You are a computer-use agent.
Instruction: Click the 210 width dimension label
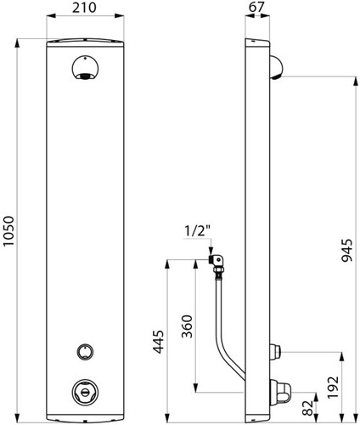(x=84, y=8)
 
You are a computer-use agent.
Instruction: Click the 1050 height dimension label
(x=8, y=232)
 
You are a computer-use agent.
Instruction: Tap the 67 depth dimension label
(x=256, y=7)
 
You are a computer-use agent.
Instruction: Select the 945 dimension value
(x=346, y=251)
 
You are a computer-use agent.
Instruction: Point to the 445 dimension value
(x=159, y=342)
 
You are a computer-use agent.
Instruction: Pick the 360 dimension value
(x=187, y=326)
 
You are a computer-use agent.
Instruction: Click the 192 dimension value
(x=333, y=388)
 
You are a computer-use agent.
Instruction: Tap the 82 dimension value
(x=308, y=408)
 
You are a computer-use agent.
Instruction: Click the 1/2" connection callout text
(x=198, y=231)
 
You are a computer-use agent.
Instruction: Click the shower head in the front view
(x=85, y=68)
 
